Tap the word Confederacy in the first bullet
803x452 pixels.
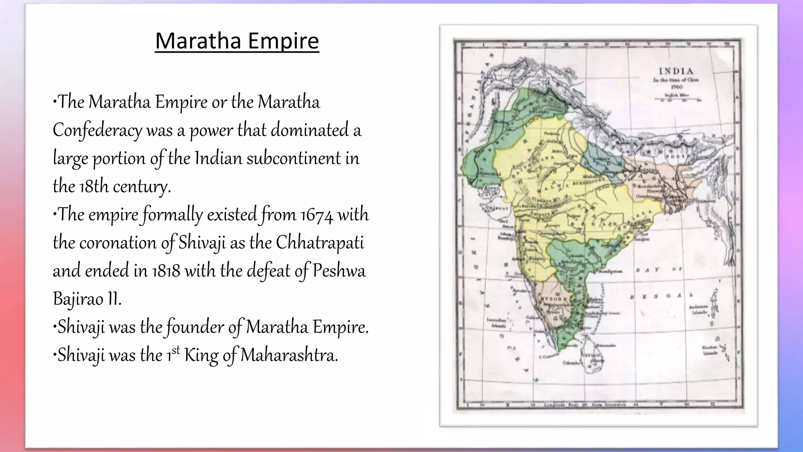click(97, 130)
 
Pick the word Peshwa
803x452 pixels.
click(339, 271)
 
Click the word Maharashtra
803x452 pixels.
click(289, 355)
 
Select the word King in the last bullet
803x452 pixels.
click(201, 355)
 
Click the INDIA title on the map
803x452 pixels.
click(676, 71)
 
